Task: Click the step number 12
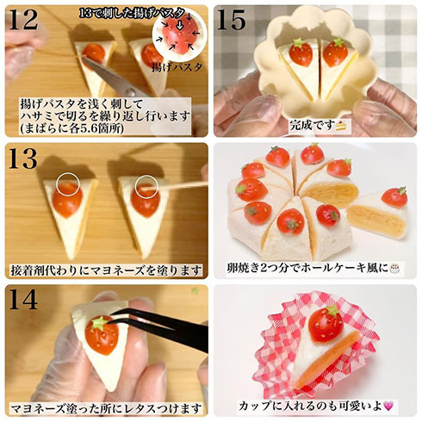[x=23, y=21]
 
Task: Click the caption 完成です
[x=320, y=124]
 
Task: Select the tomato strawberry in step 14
[x=102, y=334]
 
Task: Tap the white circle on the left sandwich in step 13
[x=67, y=183]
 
